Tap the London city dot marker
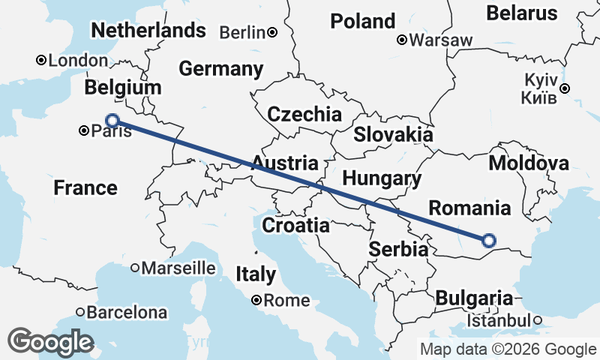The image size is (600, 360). tap(41, 61)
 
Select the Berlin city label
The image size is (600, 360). tap(243, 32)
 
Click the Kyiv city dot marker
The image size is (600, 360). tap(565, 88)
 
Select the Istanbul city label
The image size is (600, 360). tap(498, 321)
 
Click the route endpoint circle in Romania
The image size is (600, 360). tap(489, 241)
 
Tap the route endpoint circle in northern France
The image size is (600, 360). tap(112, 120)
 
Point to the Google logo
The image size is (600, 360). tap(51, 342)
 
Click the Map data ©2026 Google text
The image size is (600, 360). tap(508, 349)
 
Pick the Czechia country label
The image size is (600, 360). tap(304, 115)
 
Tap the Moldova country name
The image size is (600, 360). tap(528, 163)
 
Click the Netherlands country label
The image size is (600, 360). tap(148, 30)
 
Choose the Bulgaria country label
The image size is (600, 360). tap(474, 298)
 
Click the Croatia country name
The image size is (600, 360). tap(295, 225)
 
